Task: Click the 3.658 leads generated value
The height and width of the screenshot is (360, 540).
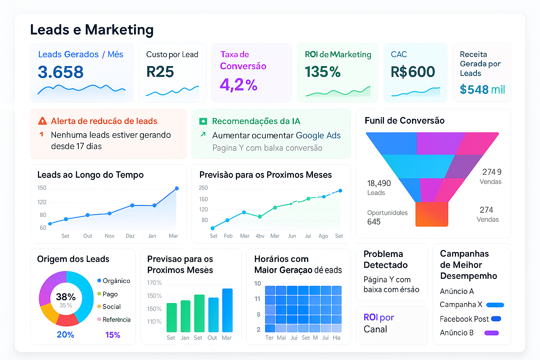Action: pyautogui.click(x=60, y=72)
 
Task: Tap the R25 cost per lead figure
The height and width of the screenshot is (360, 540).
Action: pyautogui.click(x=160, y=72)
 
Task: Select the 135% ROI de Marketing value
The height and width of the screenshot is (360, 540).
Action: pyautogui.click(x=322, y=72)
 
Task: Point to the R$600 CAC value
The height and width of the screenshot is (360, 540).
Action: pyautogui.click(x=413, y=72)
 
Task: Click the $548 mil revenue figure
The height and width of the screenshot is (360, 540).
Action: pyautogui.click(x=482, y=90)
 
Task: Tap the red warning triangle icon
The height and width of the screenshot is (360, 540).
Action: pyautogui.click(x=42, y=121)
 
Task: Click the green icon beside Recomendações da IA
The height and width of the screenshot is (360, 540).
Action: pyautogui.click(x=203, y=121)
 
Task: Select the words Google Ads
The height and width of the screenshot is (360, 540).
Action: pyautogui.click(x=318, y=136)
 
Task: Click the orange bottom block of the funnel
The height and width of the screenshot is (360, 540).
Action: pyautogui.click(x=432, y=214)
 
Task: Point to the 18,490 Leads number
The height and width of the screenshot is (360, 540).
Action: pyautogui.click(x=379, y=184)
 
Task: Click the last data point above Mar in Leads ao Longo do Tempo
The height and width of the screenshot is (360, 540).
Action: pyautogui.click(x=177, y=188)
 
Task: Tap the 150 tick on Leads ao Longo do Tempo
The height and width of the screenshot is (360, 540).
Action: pyautogui.click(x=42, y=188)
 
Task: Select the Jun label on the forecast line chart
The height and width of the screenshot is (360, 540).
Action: pyautogui.click(x=292, y=236)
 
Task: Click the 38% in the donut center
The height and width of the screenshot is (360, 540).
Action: pyautogui.click(x=66, y=297)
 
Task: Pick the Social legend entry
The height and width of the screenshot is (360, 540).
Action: pyautogui.click(x=111, y=307)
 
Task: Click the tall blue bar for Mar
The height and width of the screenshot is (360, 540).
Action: pyautogui.click(x=227, y=310)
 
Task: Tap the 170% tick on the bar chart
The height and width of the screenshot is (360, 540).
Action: pyautogui.click(x=154, y=283)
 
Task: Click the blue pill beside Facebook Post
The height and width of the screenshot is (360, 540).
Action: pyautogui.click(x=496, y=319)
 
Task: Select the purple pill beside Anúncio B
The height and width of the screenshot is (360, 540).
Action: pyautogui.click(x=491, y=333)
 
